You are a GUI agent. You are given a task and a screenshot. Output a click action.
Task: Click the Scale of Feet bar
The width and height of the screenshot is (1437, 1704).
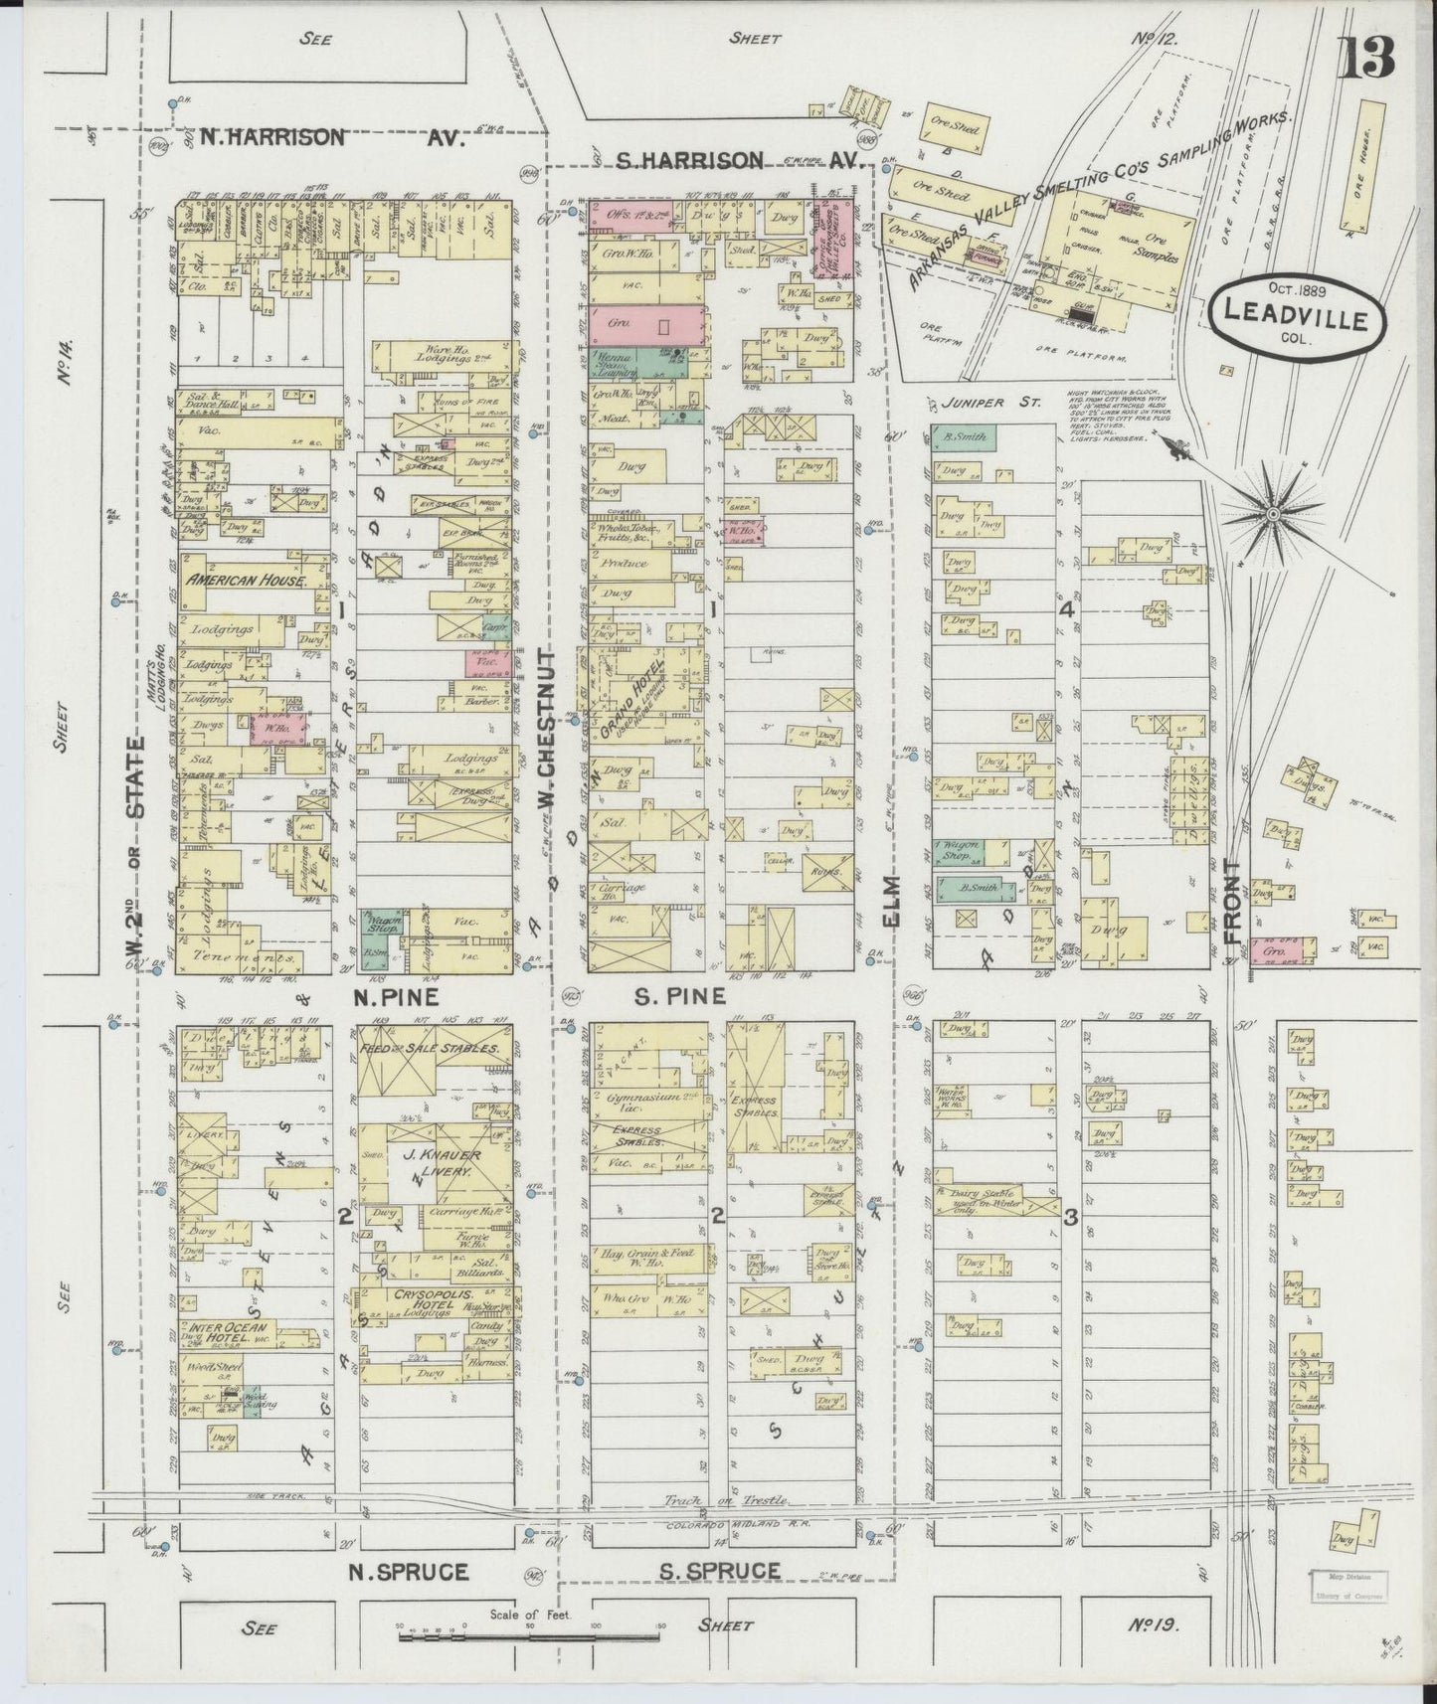pyautogui.click(x=530, y=1630)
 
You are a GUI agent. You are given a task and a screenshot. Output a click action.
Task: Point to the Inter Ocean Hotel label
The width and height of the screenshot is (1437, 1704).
pyautogui.click(x=221, y=1331)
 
